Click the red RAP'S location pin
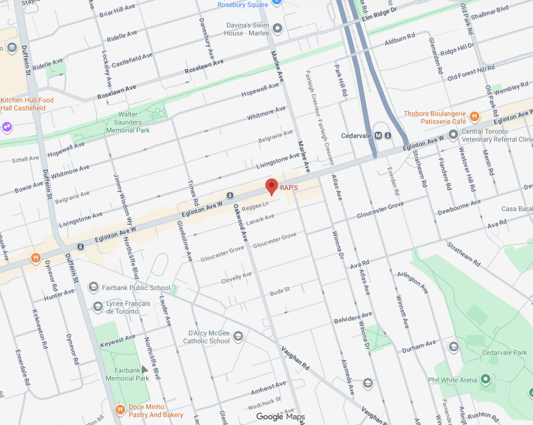click(x=272, y=186)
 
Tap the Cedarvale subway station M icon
click(x=378, y=135)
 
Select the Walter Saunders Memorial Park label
click(x=128, y=122)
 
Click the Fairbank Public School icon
click(x=93, y=287)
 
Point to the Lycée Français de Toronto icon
click(x=97, y=307)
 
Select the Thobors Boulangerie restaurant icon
click(x=474, y=116)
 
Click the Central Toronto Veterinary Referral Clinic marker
click(x=453, y=135)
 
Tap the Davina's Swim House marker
click(x=277, y=28)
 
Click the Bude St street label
click(x=280, y=291)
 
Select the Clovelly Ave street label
click(x=236, y=277)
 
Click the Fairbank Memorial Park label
click(x=127, y=374)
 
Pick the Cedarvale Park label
click(x=504, y=353)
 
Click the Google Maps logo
click(x=280, y=416)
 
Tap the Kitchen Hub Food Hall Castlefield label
click(x=27, y=104)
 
